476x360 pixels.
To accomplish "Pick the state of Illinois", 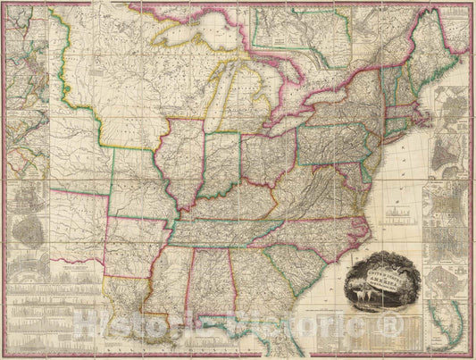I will [x=179, y=166].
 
